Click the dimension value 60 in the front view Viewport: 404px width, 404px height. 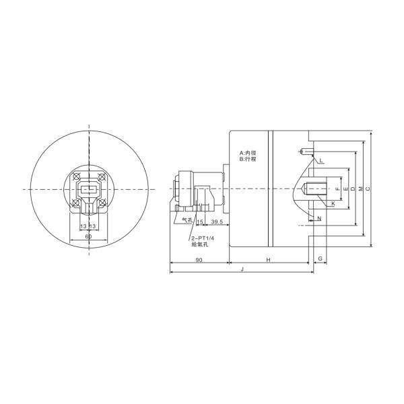88,237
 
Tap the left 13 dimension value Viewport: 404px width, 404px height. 83,226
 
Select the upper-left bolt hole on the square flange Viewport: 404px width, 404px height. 75,177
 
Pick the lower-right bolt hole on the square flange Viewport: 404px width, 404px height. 100,202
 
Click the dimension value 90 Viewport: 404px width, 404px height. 199,259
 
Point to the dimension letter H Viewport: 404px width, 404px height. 268,259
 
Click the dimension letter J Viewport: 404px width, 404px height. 241,269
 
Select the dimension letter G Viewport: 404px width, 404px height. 321,259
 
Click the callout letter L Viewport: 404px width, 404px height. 322,161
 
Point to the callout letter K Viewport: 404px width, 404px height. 332,203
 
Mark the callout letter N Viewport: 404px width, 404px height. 319,219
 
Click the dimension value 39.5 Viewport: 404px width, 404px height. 217,221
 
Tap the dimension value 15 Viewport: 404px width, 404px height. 200,221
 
